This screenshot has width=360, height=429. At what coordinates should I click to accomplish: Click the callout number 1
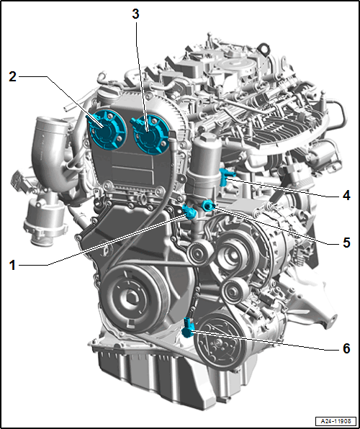pyautogui.click(x=12, y=265)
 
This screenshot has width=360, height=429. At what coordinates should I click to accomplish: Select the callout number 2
pyautogui.click(x=12, y=76)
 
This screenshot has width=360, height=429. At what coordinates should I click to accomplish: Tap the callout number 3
pyautogui.click(x=135, y=14)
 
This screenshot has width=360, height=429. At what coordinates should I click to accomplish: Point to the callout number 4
pyautogui.click(x=346, y=195)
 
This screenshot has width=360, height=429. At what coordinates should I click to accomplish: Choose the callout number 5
pyautogui.click(x=346, y=242)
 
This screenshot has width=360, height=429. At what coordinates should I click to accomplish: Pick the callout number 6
pyautogui.click(x=346, y=348)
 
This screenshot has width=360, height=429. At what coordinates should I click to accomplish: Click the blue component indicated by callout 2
pyautogui.click(x=107, y=130)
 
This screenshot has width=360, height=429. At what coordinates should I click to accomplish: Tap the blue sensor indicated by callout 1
pyautogui.click(x=189, y=212)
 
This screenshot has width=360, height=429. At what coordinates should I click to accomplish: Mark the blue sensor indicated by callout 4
pyautogui.click(x=226, y=177)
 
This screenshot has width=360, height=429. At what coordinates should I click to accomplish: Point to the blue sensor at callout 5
pyautogui.click(x=208, y=206)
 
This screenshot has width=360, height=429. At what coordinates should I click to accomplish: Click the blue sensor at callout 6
pyautogui.click(x=189, y=328)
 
